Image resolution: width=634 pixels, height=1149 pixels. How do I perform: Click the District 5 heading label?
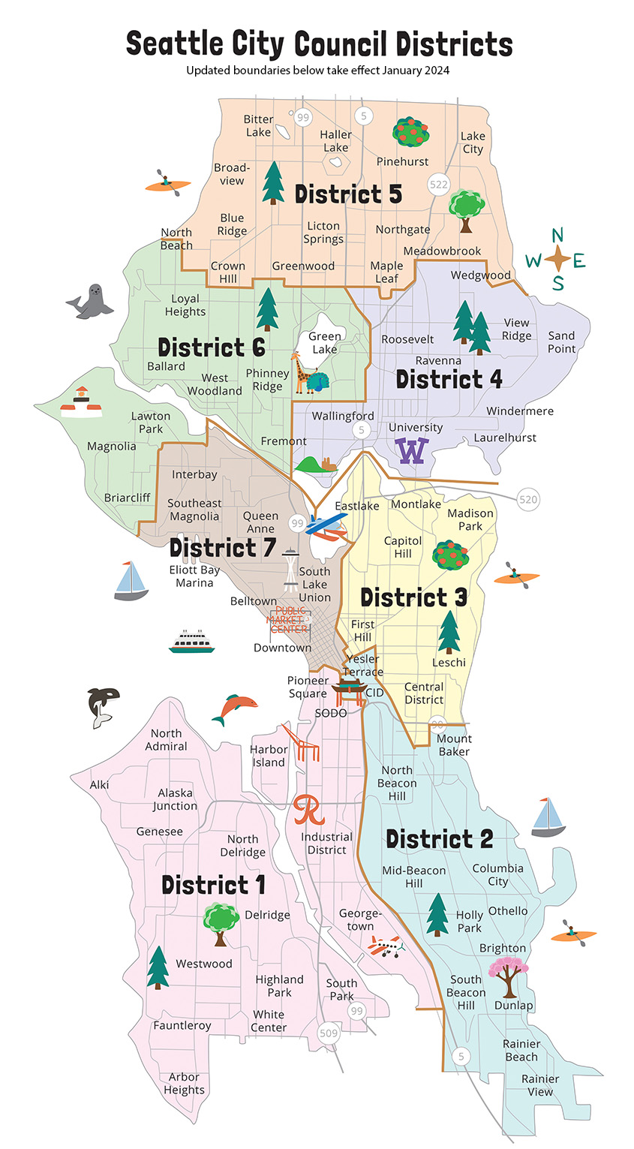[x=348, y=194]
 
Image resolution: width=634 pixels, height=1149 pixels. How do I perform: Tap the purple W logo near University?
[x=412, y=451]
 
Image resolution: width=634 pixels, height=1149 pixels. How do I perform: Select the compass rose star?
[x=558, y=260]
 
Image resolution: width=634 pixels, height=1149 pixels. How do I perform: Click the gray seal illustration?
[x=90, y=302]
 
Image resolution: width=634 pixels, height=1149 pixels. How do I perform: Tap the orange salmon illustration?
[x=235, y=708]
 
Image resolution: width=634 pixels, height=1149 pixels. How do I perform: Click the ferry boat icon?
[x=191, y=642]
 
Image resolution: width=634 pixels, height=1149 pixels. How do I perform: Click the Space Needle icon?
[x=290, y=570]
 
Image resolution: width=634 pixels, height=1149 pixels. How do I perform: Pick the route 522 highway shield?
[x=438, y=184]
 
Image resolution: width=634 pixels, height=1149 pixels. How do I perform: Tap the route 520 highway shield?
[x=528, y=499]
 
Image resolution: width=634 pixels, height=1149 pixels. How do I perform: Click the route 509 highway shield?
[x=329, y=1033]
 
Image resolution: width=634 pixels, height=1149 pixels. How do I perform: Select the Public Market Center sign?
[x=289, y=620]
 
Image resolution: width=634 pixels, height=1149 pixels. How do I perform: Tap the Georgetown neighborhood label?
[x=360, y=919]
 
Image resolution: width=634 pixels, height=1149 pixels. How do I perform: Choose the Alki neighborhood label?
[x=99, y=784]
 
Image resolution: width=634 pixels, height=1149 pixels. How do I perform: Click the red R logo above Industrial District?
[x=309, y=809]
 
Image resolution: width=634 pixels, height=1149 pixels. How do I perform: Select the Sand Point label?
[x=561, y=341]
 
